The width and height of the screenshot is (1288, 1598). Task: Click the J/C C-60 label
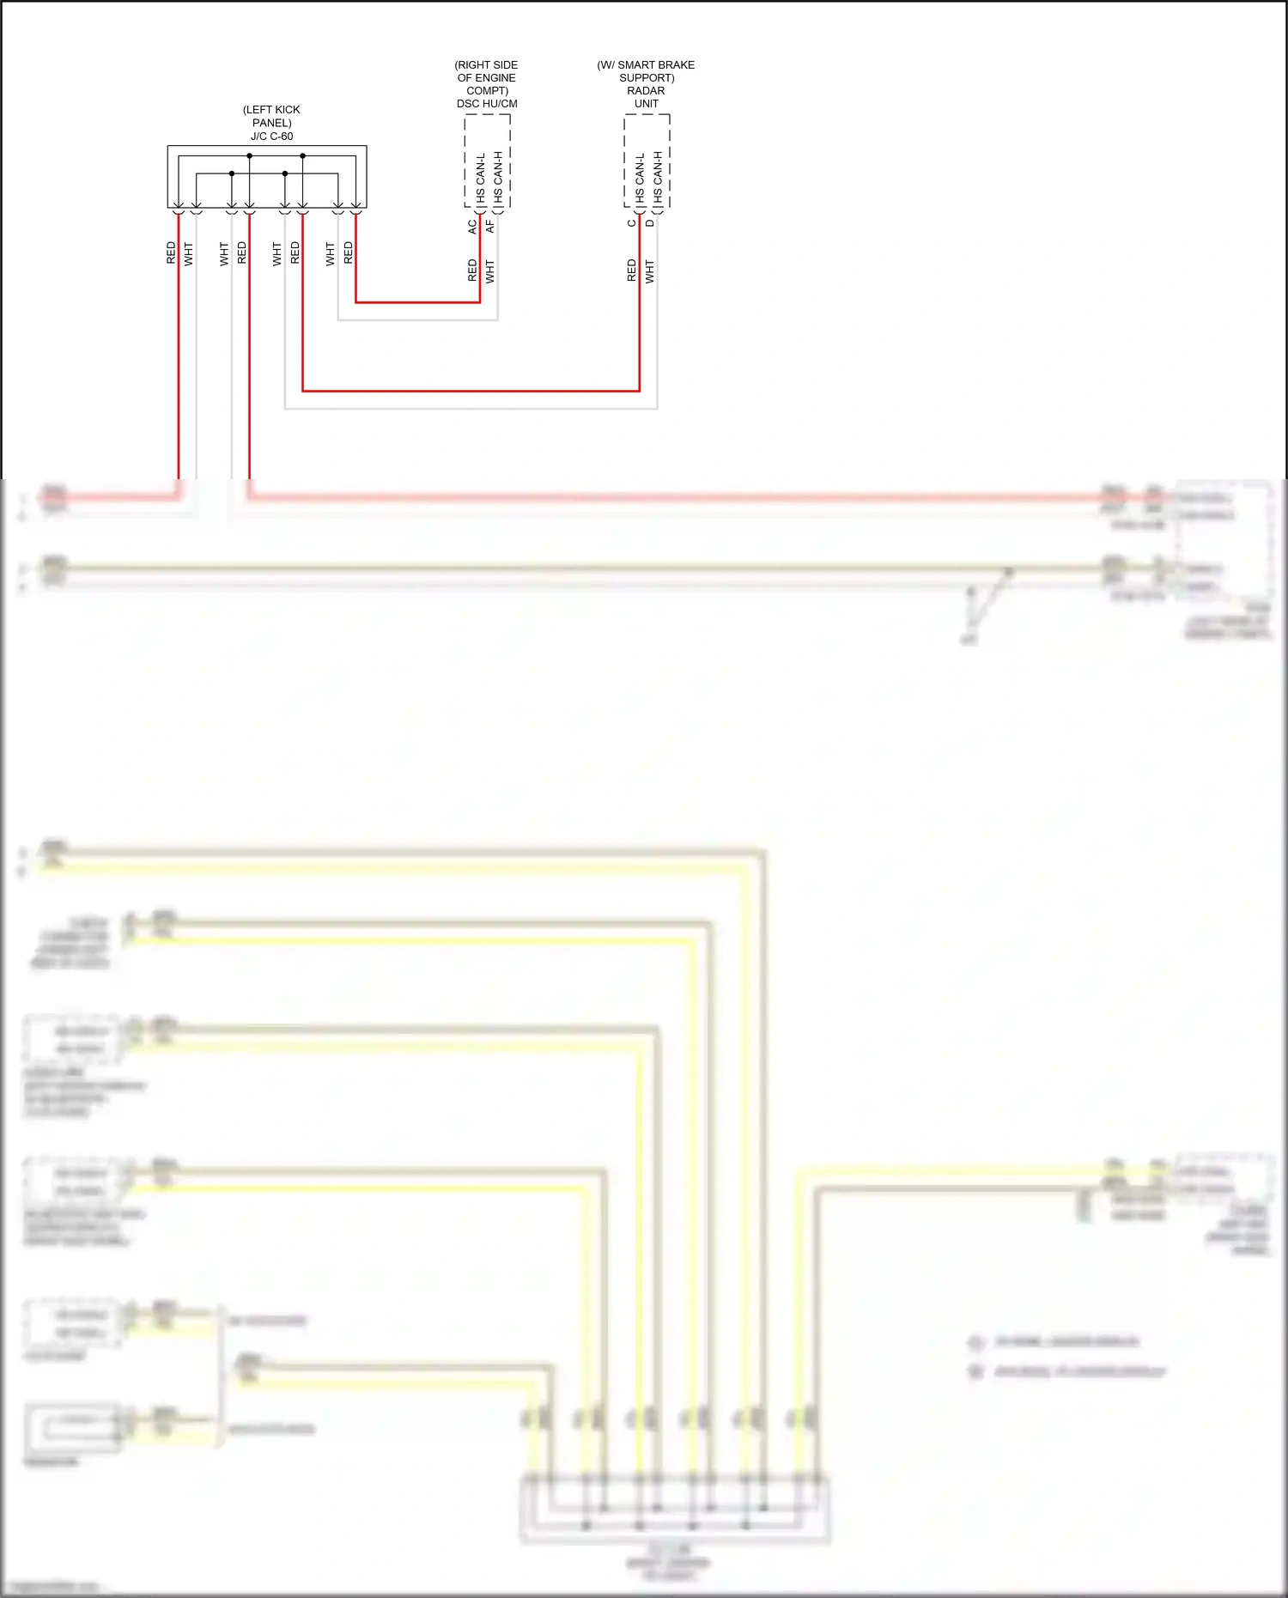click(271, 137)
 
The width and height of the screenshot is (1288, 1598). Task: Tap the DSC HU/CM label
click(487, 104)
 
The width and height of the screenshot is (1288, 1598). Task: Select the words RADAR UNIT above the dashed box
click(646, 97)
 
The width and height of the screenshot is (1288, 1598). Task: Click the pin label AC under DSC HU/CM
click(472, 227)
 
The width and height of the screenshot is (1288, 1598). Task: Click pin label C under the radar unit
click(632, 223)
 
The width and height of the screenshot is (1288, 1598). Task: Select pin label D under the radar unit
click(650, 223)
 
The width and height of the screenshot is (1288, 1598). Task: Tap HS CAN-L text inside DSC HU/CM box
click(481, 178)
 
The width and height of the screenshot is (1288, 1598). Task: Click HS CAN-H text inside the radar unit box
click(658, 178)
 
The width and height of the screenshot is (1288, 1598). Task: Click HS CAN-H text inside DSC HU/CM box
click(498, 178)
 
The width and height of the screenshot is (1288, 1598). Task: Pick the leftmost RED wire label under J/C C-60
click(171, 252)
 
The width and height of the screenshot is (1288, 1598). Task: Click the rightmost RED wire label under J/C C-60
click(348, 252)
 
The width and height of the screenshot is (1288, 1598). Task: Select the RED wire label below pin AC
click(472, 270)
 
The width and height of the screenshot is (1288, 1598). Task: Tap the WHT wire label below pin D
click(650, 271)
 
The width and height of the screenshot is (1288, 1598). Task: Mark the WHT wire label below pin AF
click(490, 271)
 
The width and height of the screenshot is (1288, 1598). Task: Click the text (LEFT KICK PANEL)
click(271, 116)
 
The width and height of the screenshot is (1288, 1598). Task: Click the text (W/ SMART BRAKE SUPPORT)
click(646, 71)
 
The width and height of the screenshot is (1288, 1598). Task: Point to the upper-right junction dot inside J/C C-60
click(302, 156)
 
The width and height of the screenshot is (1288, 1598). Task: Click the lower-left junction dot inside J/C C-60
click(232, 173)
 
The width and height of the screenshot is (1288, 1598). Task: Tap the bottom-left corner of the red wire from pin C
click(303, 391)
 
